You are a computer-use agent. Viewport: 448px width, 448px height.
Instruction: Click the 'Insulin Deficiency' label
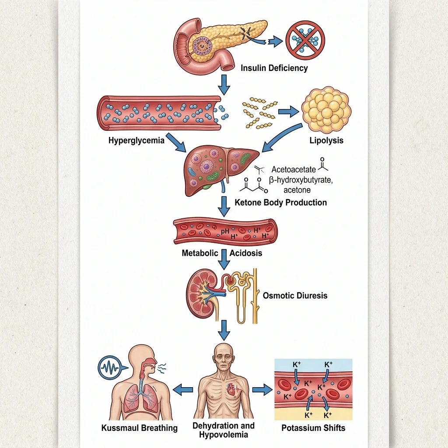[274, 68]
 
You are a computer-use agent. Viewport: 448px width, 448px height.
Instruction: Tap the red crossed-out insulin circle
[305, 40]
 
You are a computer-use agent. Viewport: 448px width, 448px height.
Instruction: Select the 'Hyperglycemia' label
[136, 140]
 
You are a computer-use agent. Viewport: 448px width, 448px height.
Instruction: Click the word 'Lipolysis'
[326, 140]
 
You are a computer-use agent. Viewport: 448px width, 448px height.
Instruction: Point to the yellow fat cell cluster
[326, 110]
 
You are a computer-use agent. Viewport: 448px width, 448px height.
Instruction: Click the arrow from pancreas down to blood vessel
[224, 84]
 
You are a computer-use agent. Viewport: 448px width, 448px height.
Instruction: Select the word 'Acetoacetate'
[294, 169]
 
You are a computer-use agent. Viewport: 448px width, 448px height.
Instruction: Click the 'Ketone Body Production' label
[280, 203]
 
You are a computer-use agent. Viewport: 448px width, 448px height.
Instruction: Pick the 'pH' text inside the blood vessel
[225, 231]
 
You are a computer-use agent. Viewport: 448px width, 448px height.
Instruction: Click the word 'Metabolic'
[199, 253]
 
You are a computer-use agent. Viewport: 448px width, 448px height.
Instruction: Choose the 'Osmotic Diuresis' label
[295, 295]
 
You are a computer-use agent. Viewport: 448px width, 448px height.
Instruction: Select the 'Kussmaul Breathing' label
[140, 428]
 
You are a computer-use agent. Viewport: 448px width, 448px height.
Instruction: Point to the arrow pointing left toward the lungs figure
[183, 389]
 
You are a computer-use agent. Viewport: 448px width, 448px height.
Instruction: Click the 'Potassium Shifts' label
[313, 428]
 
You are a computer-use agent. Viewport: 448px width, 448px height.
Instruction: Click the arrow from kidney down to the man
[224, 330]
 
